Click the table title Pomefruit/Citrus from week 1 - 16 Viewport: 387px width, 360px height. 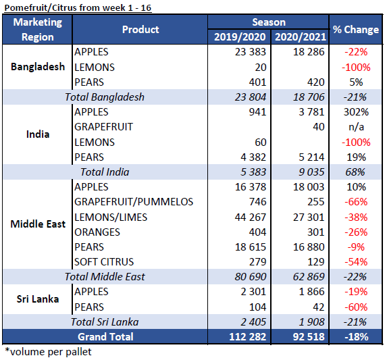(x=78, y=7)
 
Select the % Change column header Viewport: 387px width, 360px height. (x=356, y=29)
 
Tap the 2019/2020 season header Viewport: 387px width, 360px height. (x=240, y=36)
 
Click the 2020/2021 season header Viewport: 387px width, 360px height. (x=301, y=36)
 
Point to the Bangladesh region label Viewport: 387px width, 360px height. (x=38, y=67)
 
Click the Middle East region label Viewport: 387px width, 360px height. (x=38, y=224)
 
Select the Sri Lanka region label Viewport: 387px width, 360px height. (x=38, y=299)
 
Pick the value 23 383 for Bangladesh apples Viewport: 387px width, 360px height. (x=251, y=52)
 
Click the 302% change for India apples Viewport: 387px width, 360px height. (x=356, y=112)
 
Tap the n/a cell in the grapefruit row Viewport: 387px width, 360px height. (x=356, y=127)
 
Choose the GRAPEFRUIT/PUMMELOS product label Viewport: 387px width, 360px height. (x=134, y=202)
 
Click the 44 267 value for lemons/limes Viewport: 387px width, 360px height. (x=251, y=217)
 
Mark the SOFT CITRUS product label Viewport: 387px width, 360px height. (x=104, y=262)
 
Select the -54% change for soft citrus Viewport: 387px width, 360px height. (x=356, y=262)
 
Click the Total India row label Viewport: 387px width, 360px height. (x=105, y=172)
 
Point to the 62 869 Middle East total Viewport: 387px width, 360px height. (x=309, y=277)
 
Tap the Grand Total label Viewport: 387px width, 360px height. (x=105, y=336)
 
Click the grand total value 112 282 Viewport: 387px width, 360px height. (x=248, y=337)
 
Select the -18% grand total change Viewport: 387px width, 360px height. (x=356, y=337)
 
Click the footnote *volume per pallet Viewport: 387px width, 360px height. (x=48, y=352)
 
